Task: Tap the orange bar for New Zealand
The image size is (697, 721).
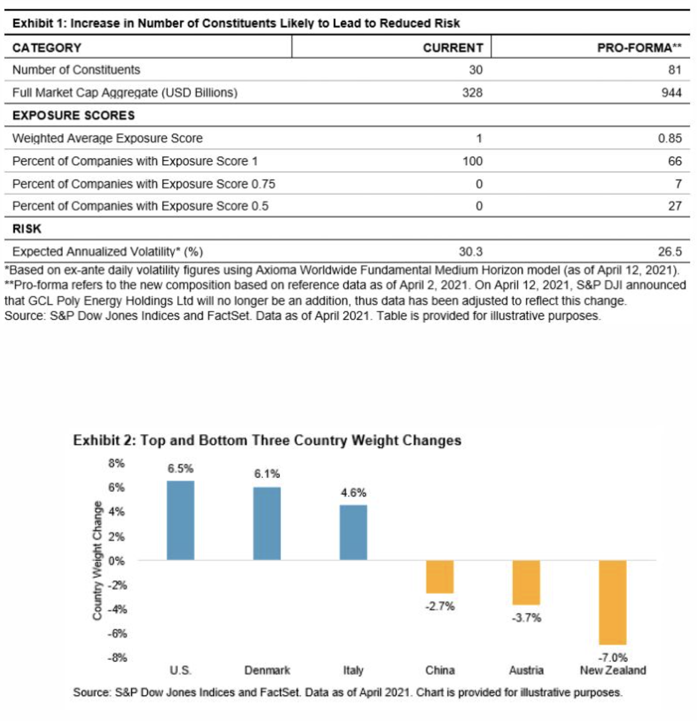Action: tap(613, 602)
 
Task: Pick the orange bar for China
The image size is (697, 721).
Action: tap(439, 576)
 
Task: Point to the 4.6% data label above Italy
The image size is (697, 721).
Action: tap(354, 493)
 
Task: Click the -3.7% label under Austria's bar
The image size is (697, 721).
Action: tap(526, 618)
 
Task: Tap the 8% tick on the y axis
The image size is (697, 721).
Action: tap(117, 463)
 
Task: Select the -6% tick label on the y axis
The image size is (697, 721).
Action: tap(117, 634)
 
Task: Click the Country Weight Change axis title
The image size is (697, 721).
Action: tap(97, 560)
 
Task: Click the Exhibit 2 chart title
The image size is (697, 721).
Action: tap(267, 440)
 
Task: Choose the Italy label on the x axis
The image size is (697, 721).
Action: tap(353, 670)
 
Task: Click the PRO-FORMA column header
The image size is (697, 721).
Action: tap(639, 47)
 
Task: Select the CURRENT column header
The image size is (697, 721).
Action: tap(453, 47)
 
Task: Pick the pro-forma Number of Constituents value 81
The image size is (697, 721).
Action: tap(675, 70)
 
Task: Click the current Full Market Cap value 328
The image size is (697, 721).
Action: tap(472, 92)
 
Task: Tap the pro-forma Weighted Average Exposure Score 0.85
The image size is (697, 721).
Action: tap(669, 138)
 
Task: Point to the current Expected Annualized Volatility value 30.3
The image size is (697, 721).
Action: tap(470, 252)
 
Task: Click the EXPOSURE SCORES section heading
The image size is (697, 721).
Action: tap(74, 115)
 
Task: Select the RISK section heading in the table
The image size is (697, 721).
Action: tap(27, 229)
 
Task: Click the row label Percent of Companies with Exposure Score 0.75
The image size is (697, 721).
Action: tap(144, 184)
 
